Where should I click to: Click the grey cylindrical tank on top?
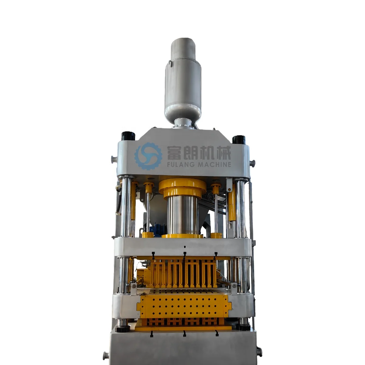click(x=182, y=80)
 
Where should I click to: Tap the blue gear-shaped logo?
click(x=148, y=156)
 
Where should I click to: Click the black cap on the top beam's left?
click(x=128, y=136)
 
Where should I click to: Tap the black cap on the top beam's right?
click(x=239, y=140)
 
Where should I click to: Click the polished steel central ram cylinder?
click(x=182, y=216)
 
